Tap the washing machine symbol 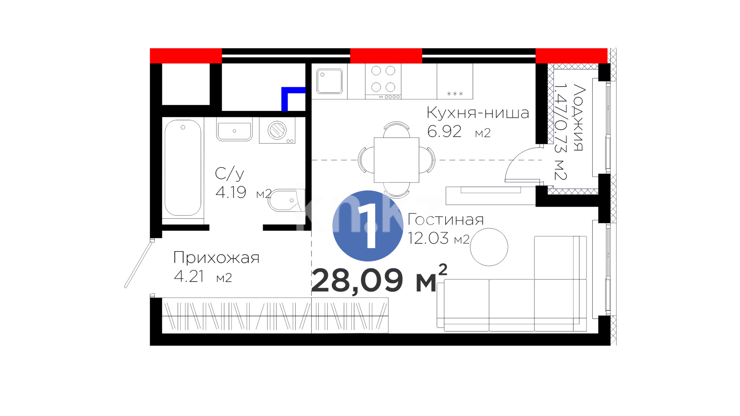point(277,130)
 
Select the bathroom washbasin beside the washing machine point(234,129)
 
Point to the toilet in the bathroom point(286,200)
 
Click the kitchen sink point(330,81)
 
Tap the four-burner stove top point(383,81)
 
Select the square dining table point(396,160)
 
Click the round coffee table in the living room point(489,247)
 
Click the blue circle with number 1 point(368,226)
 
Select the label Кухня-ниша point(478,113)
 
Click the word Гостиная point(446,220)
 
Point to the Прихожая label point(216,257)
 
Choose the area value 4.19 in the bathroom point(231,192)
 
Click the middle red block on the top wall point(386,56)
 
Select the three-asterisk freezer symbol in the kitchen point(455,94)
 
